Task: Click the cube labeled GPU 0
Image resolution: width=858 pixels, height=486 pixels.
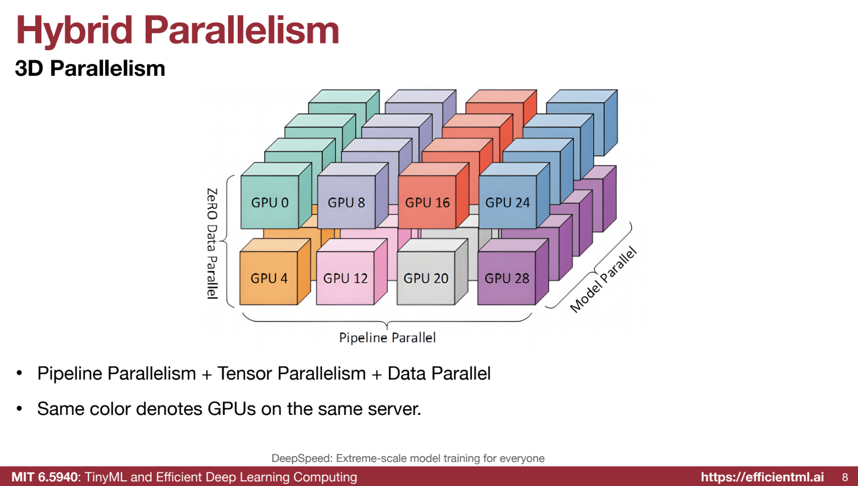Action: click(x=270, y=202)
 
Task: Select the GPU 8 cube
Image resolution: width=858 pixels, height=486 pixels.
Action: click(x=347, y=202)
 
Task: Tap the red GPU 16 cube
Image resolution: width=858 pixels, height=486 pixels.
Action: click(x=427, y=202)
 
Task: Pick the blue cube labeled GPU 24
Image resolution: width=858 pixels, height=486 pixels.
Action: click(x=508, y=202)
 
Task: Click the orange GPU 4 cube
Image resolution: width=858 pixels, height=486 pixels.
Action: click(x=269, y=278)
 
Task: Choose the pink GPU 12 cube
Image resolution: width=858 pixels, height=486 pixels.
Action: click(x=346, y=278)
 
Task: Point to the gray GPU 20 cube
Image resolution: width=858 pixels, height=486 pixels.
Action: click(x=426, y=278)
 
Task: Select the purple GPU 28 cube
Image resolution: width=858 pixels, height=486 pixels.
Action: click(x=507, y=278)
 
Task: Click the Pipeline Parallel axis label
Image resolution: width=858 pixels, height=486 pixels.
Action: click(x=387, y=338)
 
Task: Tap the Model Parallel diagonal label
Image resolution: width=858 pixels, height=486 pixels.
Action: click(x=603, y=279)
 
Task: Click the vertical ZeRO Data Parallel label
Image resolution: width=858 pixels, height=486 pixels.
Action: click(x=212, y=244)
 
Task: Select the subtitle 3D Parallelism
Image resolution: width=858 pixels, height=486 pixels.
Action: click(x=90, y=68)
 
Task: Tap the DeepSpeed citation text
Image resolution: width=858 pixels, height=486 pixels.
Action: click(x=408, y=458)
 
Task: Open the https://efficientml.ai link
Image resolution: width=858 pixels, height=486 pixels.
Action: click(x=762, y=477)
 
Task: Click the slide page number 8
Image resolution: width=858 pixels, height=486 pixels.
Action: click(x=845, y=477)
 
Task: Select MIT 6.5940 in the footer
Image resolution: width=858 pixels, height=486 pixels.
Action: click(x=44, y=477)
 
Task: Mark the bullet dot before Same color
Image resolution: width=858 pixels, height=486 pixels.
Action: click(x=19, y=409)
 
